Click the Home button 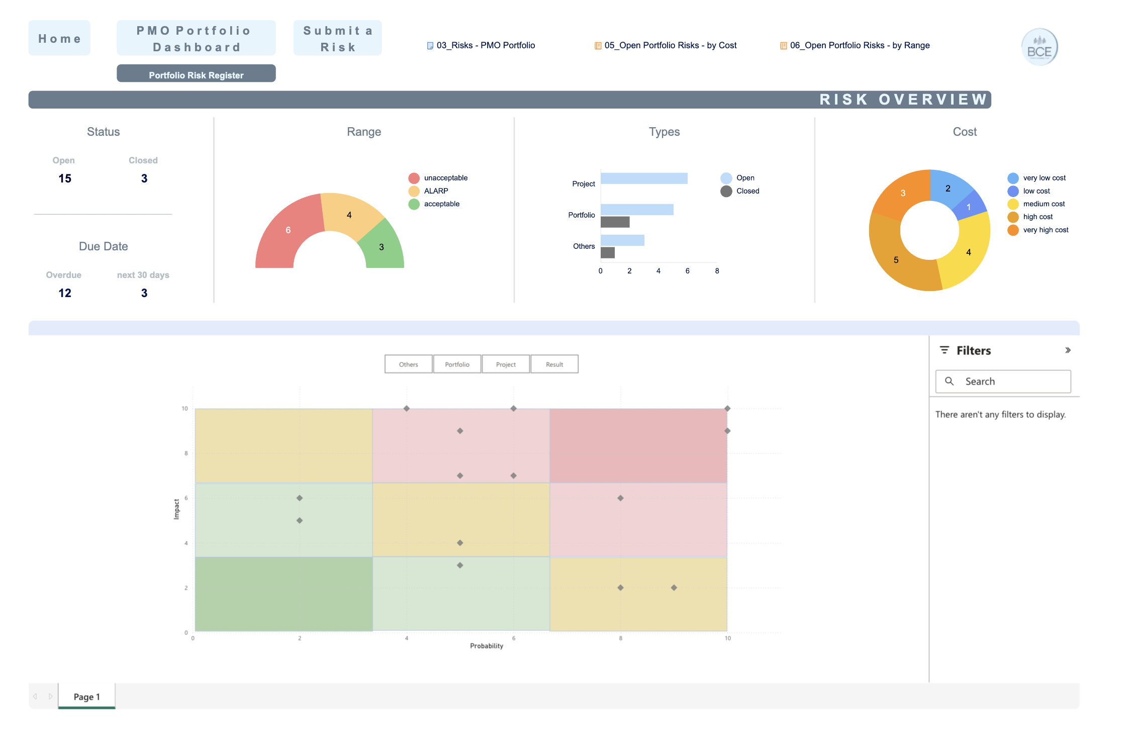click(x=59, y=38)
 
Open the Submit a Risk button click(x=338, y=38)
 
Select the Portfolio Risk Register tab click(x=196, y=74)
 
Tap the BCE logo click(x=1040, y=47)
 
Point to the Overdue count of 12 click(x=65, y=293)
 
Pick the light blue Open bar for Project click(x=644, y=178)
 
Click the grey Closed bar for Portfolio click(x=615, y=222)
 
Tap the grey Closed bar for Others click(x=608, y=253)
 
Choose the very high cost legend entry click(x=1039, y=230)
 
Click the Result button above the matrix click(x=554, y=364)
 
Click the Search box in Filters click(x=1003, y=382)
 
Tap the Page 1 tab click(x=87, y=696)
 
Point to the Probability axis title click(x=487, y=646)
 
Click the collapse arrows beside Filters click(x=1068, y=350)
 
